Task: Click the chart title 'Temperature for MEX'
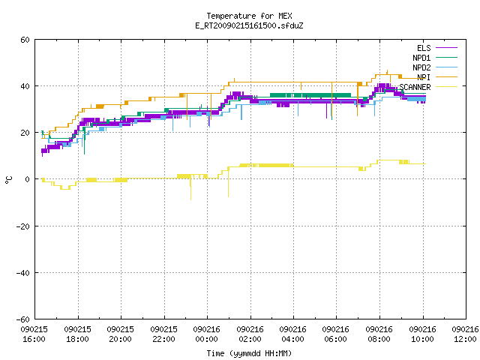pos(249,16)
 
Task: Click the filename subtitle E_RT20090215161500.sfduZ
pos(249,25)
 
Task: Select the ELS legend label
pos(424,48)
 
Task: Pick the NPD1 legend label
pos(421,58)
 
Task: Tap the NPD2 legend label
pos(421,67)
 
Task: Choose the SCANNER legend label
pos(415,87)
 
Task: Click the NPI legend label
pos(424,77)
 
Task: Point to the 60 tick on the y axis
pos(25,40)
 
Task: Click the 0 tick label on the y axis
pos(28,179)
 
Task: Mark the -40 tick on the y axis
pos(23,273)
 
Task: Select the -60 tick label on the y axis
pos(23,319)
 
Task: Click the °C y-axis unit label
pos(9,180)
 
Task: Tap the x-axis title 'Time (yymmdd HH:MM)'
pos(249,353)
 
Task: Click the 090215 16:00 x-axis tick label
pos(34,334)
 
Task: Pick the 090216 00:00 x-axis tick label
pos(207,334)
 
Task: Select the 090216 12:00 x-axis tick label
pos(465,334)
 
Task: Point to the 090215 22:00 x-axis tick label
pos(163,334)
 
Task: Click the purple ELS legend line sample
pos(447,48)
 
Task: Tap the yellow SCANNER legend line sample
pos(447,87)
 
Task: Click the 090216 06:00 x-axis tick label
pos(336,334)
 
